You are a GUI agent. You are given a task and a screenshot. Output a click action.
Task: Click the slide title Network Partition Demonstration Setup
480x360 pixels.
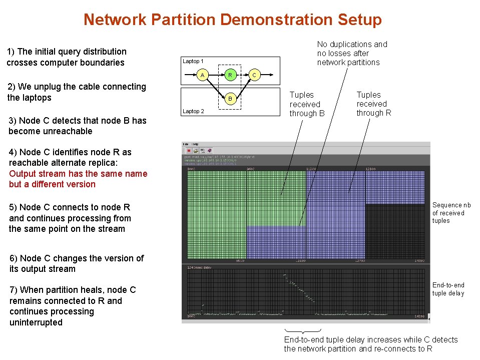tap(232, 20)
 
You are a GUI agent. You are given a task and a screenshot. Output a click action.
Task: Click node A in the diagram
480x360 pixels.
tap(202, 75)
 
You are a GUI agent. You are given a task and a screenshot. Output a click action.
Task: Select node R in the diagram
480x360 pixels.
tap(230, 75)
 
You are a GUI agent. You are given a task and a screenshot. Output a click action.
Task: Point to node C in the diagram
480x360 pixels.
tap(254, 75)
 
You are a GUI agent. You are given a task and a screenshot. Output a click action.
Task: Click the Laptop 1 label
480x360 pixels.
tap(193, 61)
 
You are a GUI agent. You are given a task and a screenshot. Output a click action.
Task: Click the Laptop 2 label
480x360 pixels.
tap(193, 111)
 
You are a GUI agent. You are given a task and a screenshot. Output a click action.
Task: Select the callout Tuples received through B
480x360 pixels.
tap(307, 104)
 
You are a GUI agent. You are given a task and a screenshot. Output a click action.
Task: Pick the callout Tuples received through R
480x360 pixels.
tap(373, 104)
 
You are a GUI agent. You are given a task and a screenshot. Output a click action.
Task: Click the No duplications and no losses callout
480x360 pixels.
tap(352, 53)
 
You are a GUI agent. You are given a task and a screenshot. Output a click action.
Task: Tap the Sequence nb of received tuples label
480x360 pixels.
tap(451, 213)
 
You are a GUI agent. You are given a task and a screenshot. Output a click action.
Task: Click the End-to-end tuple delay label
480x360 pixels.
tap(448, 289)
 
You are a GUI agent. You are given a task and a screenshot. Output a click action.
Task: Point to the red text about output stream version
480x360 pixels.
tap(78, 179)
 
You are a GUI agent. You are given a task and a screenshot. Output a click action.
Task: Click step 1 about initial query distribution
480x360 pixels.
tap(66, 57)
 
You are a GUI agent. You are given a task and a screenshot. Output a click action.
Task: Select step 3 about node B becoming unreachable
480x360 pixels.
tap(77, 126)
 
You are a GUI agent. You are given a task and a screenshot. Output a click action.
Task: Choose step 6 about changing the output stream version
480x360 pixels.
tap(76, 263)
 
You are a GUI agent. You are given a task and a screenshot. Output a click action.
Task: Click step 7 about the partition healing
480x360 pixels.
tap(72, 306)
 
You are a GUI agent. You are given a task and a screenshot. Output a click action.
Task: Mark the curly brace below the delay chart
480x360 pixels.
tap(302, 331)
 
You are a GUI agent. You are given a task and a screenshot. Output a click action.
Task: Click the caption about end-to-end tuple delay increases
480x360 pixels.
tap(370, 344)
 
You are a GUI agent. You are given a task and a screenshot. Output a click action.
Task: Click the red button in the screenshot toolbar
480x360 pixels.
tap(189, 150)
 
